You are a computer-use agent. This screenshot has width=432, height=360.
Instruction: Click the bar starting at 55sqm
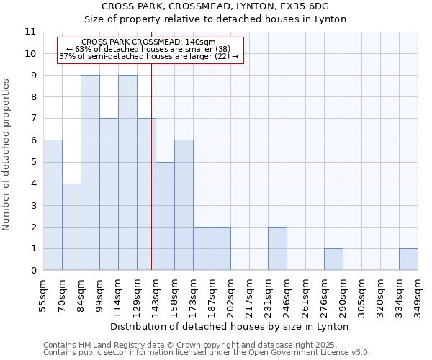53,205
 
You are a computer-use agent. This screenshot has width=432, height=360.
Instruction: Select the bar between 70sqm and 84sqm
71,227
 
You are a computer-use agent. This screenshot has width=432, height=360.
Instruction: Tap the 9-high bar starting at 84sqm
90,173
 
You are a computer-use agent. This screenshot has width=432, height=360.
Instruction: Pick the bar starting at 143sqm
165,216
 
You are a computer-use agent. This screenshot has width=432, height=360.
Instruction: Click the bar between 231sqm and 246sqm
277,248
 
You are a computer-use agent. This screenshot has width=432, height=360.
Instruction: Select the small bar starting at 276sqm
333,259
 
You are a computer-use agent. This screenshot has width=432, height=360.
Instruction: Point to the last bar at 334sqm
408,259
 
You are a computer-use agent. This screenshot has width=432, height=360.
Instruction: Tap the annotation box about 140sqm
150,50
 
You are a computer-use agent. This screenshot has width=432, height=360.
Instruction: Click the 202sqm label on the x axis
231,294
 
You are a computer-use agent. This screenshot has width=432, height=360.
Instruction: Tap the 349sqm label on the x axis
418,294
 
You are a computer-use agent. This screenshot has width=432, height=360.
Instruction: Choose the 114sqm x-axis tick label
119,294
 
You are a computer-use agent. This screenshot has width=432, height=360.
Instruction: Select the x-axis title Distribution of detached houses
230,326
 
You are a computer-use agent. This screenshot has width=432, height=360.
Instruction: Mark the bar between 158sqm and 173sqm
184,205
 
